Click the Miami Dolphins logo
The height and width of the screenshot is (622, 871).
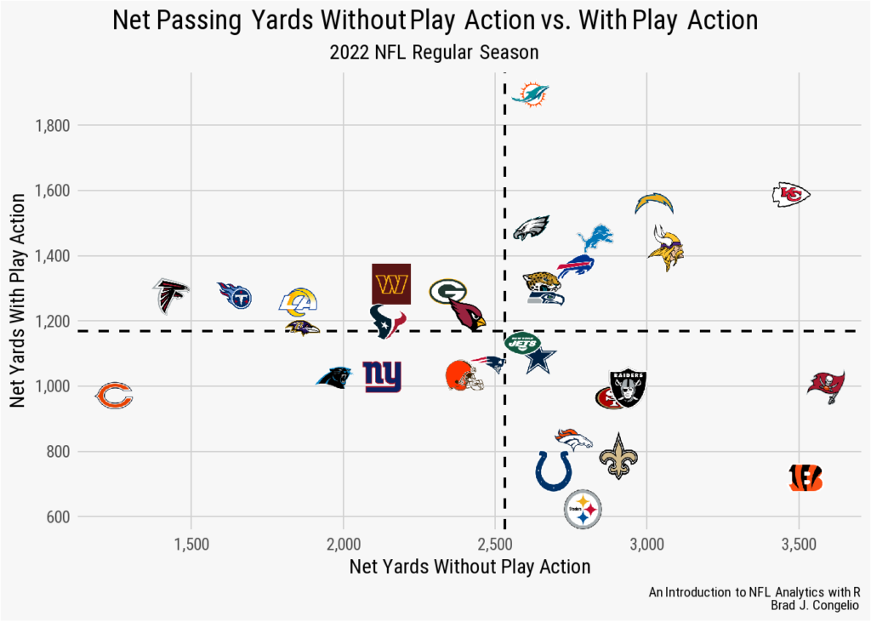click(x=531, y=94)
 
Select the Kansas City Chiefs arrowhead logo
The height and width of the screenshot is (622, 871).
click(x=790, y=195)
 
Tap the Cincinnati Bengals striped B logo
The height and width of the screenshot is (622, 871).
click(x=806, y=477)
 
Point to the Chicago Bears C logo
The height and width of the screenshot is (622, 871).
click(x=113, y=396)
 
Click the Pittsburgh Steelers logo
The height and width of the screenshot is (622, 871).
click(x=584, y=510)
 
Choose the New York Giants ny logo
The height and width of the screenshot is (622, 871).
click(x=382, y=376)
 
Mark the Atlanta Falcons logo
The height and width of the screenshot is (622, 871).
click(x=170, y=295)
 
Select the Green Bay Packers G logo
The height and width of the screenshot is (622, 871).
click(x=447, y=292)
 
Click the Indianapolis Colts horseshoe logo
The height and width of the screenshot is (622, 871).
click(x=554, y=471)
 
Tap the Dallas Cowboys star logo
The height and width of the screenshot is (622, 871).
click(x=540, y=360)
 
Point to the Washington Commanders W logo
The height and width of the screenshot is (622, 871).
click(x=391, y=283)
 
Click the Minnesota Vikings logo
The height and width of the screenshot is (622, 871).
click(x=665, y=248)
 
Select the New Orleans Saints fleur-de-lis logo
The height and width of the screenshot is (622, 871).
click(x=618, y=456)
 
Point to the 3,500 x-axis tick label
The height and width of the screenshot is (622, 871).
click(x=798, y=543)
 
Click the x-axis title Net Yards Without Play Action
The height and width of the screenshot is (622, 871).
click(x=470, y=567)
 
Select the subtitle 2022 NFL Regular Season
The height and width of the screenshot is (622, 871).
click(x=434, y=53)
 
